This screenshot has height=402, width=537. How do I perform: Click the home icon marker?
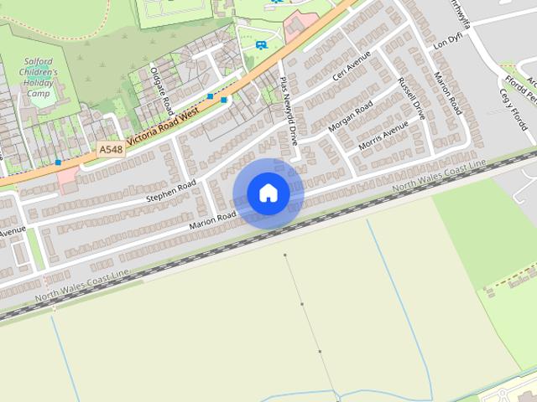pos(268,193)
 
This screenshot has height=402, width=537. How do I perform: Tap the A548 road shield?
pos(110,148)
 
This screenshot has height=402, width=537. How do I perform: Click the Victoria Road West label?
pos(163,123)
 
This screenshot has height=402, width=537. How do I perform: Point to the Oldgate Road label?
pos(162,90)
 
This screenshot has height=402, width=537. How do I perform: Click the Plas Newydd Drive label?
pos(289,112)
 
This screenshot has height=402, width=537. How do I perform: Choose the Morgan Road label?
pos(350,116)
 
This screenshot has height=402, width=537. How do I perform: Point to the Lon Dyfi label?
pos(447,41)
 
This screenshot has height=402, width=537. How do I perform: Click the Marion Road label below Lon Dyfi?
pos(448,93)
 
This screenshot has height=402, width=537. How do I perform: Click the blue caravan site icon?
pos(262,44)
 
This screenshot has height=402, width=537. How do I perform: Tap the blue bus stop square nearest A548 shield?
pos(58,161)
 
